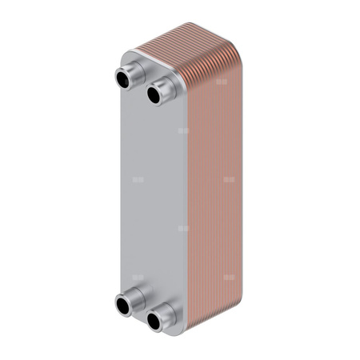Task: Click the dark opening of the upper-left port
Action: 124,79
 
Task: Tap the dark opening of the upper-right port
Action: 153,95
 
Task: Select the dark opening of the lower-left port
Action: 125,305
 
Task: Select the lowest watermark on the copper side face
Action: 230,278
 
